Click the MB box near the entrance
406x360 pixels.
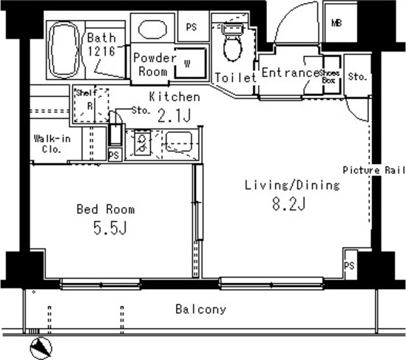click(336, 24)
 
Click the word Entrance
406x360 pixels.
click(290, 73)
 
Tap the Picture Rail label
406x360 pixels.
click(375, 170)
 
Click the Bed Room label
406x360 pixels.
click(106, 209)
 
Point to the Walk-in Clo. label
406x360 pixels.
click(52, 143)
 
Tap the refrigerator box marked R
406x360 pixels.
click(89, 105)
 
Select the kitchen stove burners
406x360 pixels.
click(140, 142)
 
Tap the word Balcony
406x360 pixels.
click(200, 310)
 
